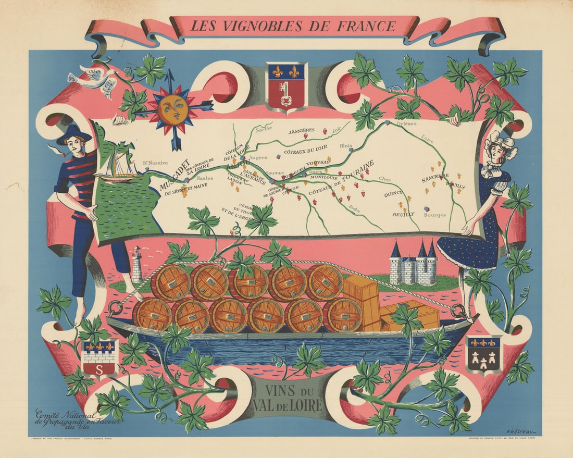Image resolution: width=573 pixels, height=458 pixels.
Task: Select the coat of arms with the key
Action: [x=286, y=85]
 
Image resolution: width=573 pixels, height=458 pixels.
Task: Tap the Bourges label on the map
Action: [x=435, y=214]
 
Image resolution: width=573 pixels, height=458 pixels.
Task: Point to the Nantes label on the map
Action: [x=205, y=178]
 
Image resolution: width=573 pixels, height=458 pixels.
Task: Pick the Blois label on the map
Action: [x=346, y=146]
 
